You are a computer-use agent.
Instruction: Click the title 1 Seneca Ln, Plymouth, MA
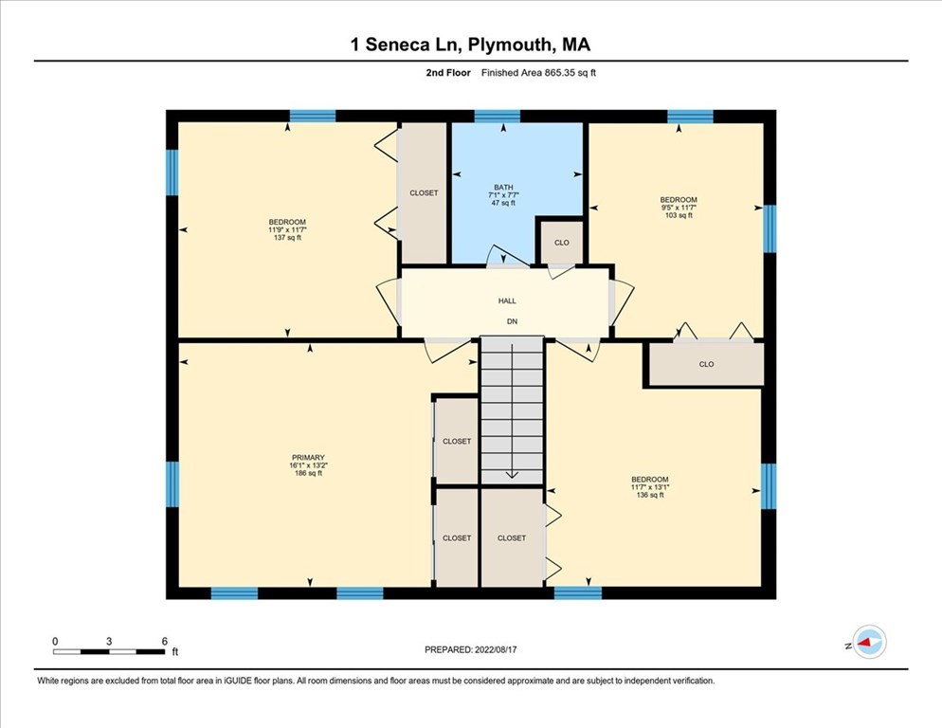[x=471, y=45]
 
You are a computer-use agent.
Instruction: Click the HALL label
[x=507, y=300]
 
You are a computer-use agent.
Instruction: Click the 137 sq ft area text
[x=286, y=238]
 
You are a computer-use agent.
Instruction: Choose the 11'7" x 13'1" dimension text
[x=649, y=487]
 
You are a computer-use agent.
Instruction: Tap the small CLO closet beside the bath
[x=561, y=243]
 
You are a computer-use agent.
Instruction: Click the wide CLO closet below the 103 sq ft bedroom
[x=706, y=364]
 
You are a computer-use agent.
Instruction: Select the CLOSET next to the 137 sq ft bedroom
[x=424, y=192]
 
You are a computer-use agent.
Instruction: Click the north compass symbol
[x=868, y=642]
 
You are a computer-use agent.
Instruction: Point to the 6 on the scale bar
[x=164, y=642]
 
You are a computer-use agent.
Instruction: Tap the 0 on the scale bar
[x=55, y=642]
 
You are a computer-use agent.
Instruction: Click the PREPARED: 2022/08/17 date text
[x=471, y=649]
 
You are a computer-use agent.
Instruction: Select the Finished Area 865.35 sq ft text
[x=539, y=73]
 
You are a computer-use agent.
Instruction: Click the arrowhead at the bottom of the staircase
[x=512, y=475]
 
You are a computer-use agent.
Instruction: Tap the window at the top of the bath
[x=497, y=117]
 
